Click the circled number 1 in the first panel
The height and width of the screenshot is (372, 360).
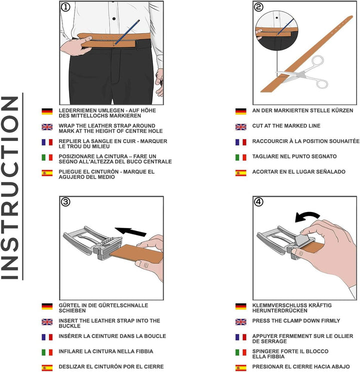pyautogui.click(x=65, y=7)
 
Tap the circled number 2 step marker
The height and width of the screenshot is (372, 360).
pyautogui.click(x=258, y=7)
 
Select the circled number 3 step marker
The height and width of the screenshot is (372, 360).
pyautogui.click(x=65, y=202)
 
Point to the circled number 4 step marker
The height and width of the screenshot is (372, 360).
pyautogui.click(x=258, y=202)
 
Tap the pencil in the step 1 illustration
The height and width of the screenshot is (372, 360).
pyautogui.click(x=126, y=32)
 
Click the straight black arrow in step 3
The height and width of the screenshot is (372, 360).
pyautogui.click(x=130, y=231)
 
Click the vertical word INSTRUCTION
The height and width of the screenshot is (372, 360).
pyautogui.click(x=10, y=187)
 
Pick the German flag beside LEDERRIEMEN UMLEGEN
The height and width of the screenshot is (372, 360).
pyautogui.click(x=47, y=111)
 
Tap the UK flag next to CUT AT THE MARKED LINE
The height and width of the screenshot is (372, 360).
pyautogui.click(x=240, y=127)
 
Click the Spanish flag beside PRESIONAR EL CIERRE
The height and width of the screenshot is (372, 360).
pyautogui.click(x=240, y=367)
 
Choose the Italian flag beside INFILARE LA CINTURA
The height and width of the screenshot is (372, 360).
pyautogui.click(x=47, y=352)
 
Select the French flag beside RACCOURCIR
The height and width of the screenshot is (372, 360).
pyautogui.click(x=240, y=142)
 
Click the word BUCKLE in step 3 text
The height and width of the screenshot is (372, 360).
pyautogui.click(x=69, y=326)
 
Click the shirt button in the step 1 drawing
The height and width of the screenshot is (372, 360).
pyautogui.click(x=114, y=18)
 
